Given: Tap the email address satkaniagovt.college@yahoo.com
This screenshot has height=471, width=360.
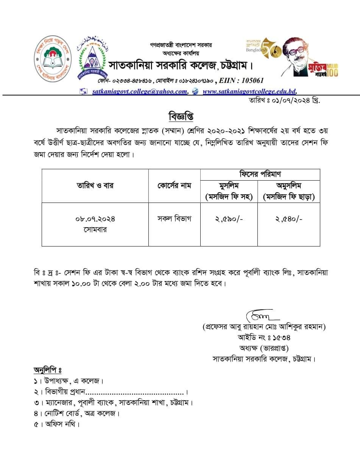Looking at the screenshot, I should (140, 91).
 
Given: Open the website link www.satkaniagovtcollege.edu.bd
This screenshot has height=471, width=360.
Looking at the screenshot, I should (249, 91).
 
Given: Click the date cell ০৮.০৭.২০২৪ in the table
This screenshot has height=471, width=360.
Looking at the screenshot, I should (95, 219).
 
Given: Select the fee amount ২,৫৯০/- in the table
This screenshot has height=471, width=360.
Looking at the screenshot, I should (228, 218).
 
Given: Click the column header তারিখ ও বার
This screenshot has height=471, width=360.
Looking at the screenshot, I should (95, 186).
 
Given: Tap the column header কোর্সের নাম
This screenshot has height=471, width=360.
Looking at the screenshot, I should (174, 186).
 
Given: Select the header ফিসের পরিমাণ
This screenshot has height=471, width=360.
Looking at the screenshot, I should (260, 175).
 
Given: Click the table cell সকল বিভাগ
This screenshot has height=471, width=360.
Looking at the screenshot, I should (174, 218).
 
